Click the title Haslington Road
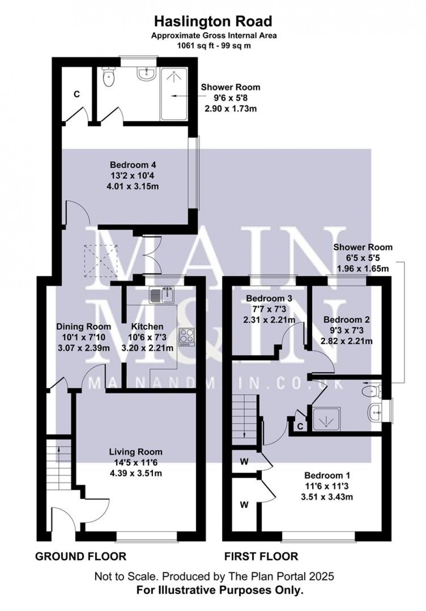[213, 21]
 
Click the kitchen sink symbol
[162, 296]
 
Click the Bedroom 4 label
[133, 165]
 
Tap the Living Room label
[136, 452]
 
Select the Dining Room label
[83, 327]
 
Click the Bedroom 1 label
[327, 476]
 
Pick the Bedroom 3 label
[269, 299]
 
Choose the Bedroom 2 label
[346, 320]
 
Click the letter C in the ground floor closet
[77, 94]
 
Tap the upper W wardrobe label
[244, 462]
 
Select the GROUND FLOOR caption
[80, 556]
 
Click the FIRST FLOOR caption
[261, 556]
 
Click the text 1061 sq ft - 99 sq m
[213, 45]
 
